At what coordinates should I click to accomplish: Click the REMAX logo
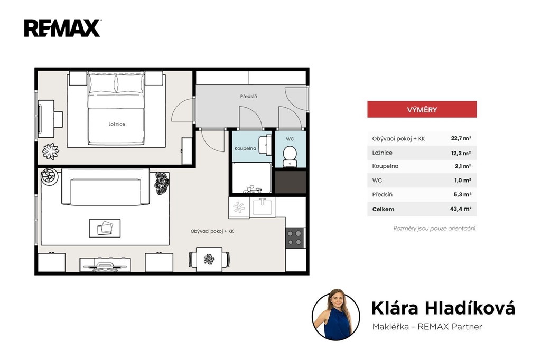coord(62,28)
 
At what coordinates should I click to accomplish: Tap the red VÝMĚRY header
coord(422,109)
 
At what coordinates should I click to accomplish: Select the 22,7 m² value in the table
coord(461,138)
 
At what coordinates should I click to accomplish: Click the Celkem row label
coord(383,209)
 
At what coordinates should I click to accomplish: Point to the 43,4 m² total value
coord(461,209)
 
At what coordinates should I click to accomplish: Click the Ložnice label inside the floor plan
coord(117,124)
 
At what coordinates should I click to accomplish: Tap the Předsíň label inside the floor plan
coord(248,96)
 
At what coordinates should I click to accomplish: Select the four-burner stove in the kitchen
coord(295,238)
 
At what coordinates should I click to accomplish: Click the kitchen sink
coord(262,207)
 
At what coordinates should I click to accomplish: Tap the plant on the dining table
coord(209,259)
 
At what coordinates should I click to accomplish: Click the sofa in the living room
coord(106,186)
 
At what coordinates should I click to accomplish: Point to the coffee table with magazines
coord(105,228)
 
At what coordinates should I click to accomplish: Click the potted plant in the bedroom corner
coord(51,151)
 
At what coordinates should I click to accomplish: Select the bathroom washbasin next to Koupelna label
coord(265,145)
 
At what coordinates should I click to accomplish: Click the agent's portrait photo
coord(335,315)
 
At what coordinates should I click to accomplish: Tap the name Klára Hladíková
coord(443,308)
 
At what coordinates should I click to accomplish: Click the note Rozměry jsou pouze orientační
coord(435,228)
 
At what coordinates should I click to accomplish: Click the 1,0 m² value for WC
coord(463,181)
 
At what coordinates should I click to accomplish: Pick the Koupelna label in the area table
coord(385,166)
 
